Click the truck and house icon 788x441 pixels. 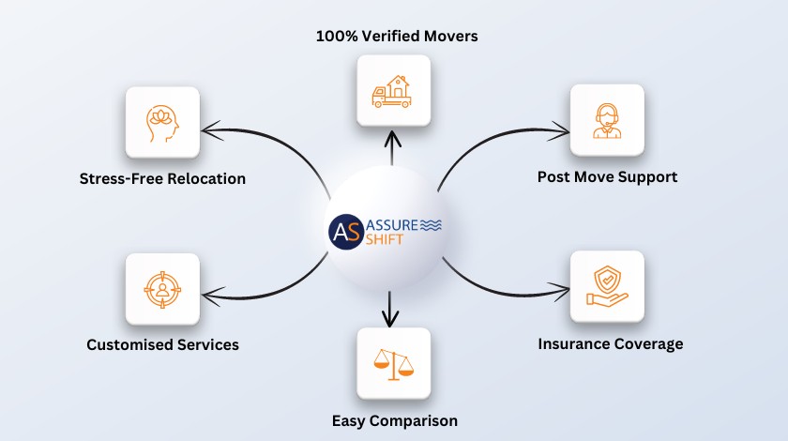click(x=393, y=91)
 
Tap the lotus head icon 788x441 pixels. click(x=162, y=122)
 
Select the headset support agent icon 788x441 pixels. click(x=607, y=121)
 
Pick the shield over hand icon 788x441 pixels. click(x=607, y=288)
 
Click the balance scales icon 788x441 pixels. click(x=393, y=363)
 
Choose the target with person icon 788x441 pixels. click(x=162, y=289)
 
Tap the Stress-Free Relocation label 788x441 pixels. click(x=162, y=178)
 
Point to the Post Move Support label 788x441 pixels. click(x=607, y=176)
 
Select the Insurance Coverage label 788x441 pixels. click(x=610, y=343)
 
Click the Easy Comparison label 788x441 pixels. click(x=394, y=419)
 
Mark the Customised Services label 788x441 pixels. click(x=162, y=344)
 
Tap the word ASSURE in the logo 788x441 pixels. click(x=393, y=225)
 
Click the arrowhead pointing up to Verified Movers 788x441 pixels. click(x=393, y=138)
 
